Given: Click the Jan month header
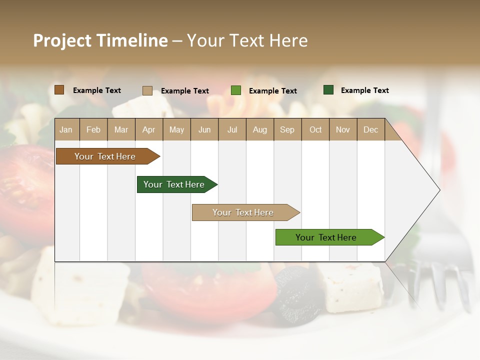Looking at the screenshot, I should pyautogui.click(x=66, y=129).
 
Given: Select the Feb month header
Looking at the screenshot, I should pyautogui.click(x=93, y=129).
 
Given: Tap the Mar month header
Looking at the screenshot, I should pyautogui.click(x=121, y=129).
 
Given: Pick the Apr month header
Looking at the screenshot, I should pyautogui.click(x=148, y=129).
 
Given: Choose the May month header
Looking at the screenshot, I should pyautogui.click(x=176, y=129).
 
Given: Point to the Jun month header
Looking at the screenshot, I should pyautogui.click(x=204, y=129).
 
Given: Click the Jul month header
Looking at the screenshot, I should pyautogui.click(x=232, y=129).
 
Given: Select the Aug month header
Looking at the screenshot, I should pyautogui.click(x=260, y=129).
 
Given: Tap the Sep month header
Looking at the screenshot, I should pyautogui.click(x=287, y=129).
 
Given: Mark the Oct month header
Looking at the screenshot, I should pyautogui.click(x=315, y=129).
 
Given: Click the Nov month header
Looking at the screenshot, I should pyautogui.click(x=343, y=129).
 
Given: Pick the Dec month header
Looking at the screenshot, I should pyautogui.click(x=370, y=129).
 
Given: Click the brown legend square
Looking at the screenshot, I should pyautogui.click(x=59, y=90).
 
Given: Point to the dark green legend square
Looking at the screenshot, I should pyautogui.click(x=328, y=90).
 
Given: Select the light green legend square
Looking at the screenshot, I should pyautogui.click(x=236, y=90).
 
